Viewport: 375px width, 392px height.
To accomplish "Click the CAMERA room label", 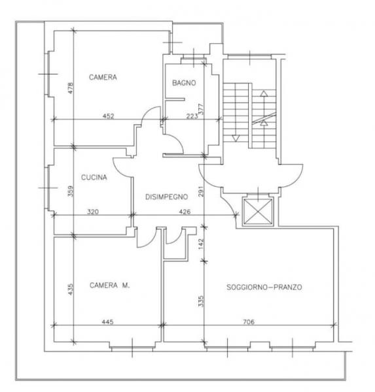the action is (x=103, y=77).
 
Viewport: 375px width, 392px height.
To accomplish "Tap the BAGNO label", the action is (x=184, y=83).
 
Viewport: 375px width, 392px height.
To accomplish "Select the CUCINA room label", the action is (x=94, y=177).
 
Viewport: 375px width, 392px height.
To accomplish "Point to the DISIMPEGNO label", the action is (x=167, y=197).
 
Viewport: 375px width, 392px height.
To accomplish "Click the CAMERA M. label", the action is (x=110, y=286).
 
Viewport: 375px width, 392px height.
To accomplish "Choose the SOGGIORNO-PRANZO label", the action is (x=264, y=287).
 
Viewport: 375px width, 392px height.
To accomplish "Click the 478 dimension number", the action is (x=71, y=88).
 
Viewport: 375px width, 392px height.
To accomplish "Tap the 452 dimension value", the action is (x=108, y=116).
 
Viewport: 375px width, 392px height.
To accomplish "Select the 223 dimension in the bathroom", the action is (x=192, y=116).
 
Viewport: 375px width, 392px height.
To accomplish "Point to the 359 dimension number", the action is (x=71, y=191).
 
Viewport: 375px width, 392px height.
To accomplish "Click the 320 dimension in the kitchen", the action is (x=93, y=212).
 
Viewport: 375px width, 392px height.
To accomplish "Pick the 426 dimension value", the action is (x=185, y=212).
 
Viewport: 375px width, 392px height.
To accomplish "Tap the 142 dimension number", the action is (x=201, y=244).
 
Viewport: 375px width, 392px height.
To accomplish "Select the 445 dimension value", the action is (x=108, y=321).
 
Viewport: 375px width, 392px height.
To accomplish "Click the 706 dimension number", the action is (x=249, y=321).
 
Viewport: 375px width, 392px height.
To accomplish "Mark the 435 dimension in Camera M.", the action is (x=71, y=289).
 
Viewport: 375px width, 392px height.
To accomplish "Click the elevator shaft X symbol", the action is (x=258, y=212).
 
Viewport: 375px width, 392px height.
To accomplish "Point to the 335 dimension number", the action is (x=201, y=301).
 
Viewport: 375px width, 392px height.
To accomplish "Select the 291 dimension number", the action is (x=201, y=191).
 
